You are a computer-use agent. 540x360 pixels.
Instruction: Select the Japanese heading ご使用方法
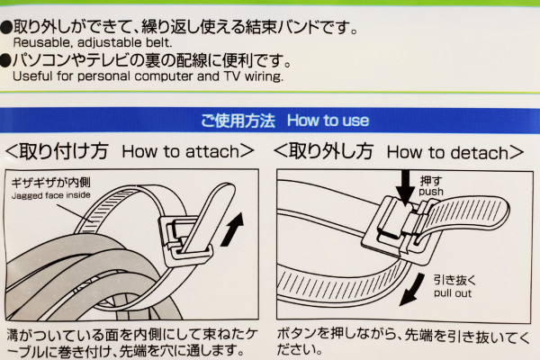click(239, 121)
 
